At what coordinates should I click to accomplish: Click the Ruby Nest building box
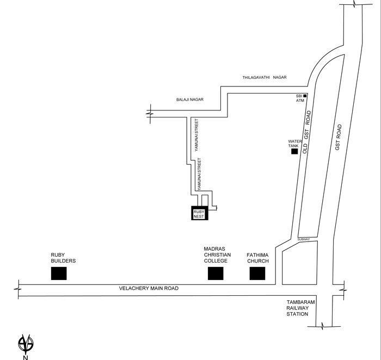click(200, 213)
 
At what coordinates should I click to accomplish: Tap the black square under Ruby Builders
click(59, 274)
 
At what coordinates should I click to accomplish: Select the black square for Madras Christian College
click(216, 274)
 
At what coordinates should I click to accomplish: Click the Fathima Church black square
click(257, 274)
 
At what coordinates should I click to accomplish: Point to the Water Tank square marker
click(294, 152)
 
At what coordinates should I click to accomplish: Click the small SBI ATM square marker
click(305, 96)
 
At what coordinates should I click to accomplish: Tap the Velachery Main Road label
click(149, 288)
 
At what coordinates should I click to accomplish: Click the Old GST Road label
click(307, 132)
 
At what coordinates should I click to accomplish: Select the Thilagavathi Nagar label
click(265, 77)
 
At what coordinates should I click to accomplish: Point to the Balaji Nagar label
click(190, 100)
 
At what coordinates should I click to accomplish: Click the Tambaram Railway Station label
click(300, 308)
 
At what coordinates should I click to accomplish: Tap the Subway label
click(304, 239)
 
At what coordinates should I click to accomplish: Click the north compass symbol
click(26, 344)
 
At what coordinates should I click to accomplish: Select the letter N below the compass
click(25, 357)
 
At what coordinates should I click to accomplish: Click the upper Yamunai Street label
click(196, 135)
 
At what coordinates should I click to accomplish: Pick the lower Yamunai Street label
click(199, 174)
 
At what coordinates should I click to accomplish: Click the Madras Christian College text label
click(217, 255)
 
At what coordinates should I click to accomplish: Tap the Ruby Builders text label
click(63, 258)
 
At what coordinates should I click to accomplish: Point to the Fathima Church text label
click(257, 258)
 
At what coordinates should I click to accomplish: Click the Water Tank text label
click(295, 144)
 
